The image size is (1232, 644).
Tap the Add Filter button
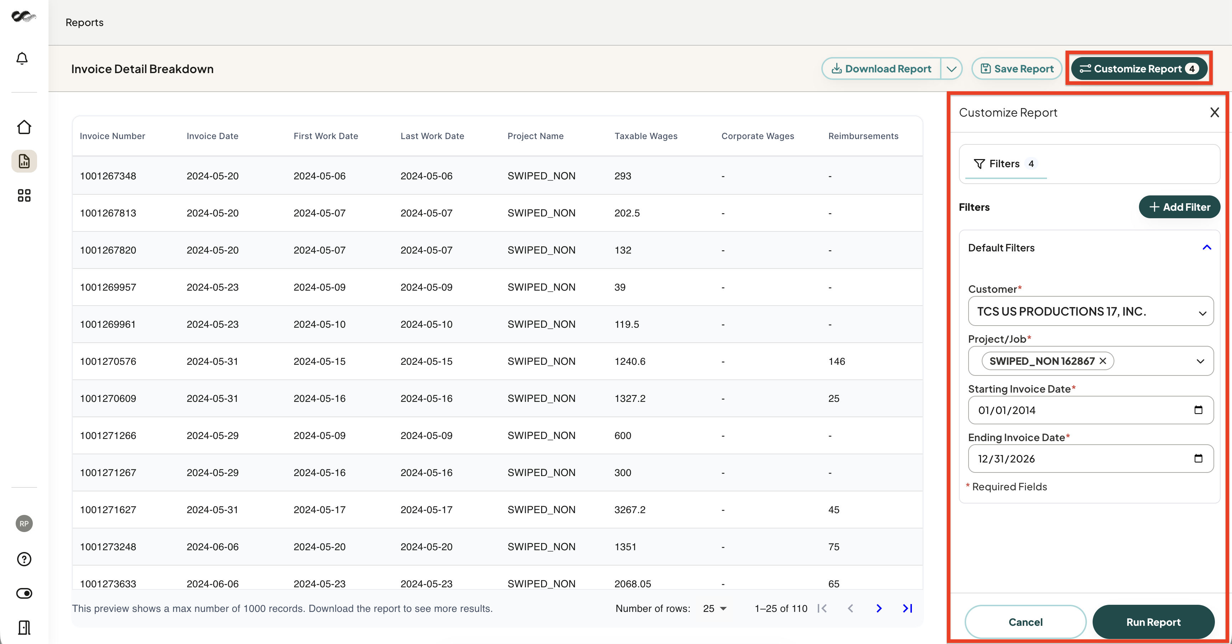[1179, 207]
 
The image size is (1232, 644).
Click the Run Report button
[1153, 622]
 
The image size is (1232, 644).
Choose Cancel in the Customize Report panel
[1025, 622]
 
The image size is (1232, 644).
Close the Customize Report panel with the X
[1214, 112]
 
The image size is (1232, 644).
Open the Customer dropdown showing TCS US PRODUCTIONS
[1090, 311]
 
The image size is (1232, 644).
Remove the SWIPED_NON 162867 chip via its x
[1103, 361]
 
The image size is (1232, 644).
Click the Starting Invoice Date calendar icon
[1198, 410]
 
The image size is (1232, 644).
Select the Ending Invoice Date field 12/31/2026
[1090, 459]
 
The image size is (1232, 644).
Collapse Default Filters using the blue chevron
[1207, 248]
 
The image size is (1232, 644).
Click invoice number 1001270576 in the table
[108, 362]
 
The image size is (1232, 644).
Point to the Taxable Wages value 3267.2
[630, 510]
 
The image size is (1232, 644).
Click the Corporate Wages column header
[758, 136]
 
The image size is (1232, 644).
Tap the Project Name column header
[535, 136]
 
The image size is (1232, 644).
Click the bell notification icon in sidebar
[22, 58]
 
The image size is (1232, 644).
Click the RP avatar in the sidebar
[24, 524]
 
